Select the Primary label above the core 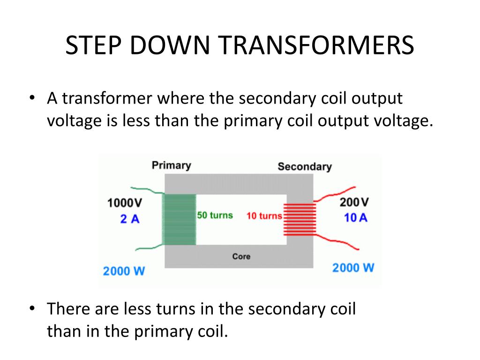coord(171,165)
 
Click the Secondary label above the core coord(304,166)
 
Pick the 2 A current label coord(129,218)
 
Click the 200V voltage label coord(354,202)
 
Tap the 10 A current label coord(356,218)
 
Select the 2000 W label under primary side coord(124,270)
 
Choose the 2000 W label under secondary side coord(353,268)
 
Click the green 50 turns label coord(215,215)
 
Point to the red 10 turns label coord(264,216)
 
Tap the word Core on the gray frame coord(241,256)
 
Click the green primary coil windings coord(179,219)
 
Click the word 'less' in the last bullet coord(137,310)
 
